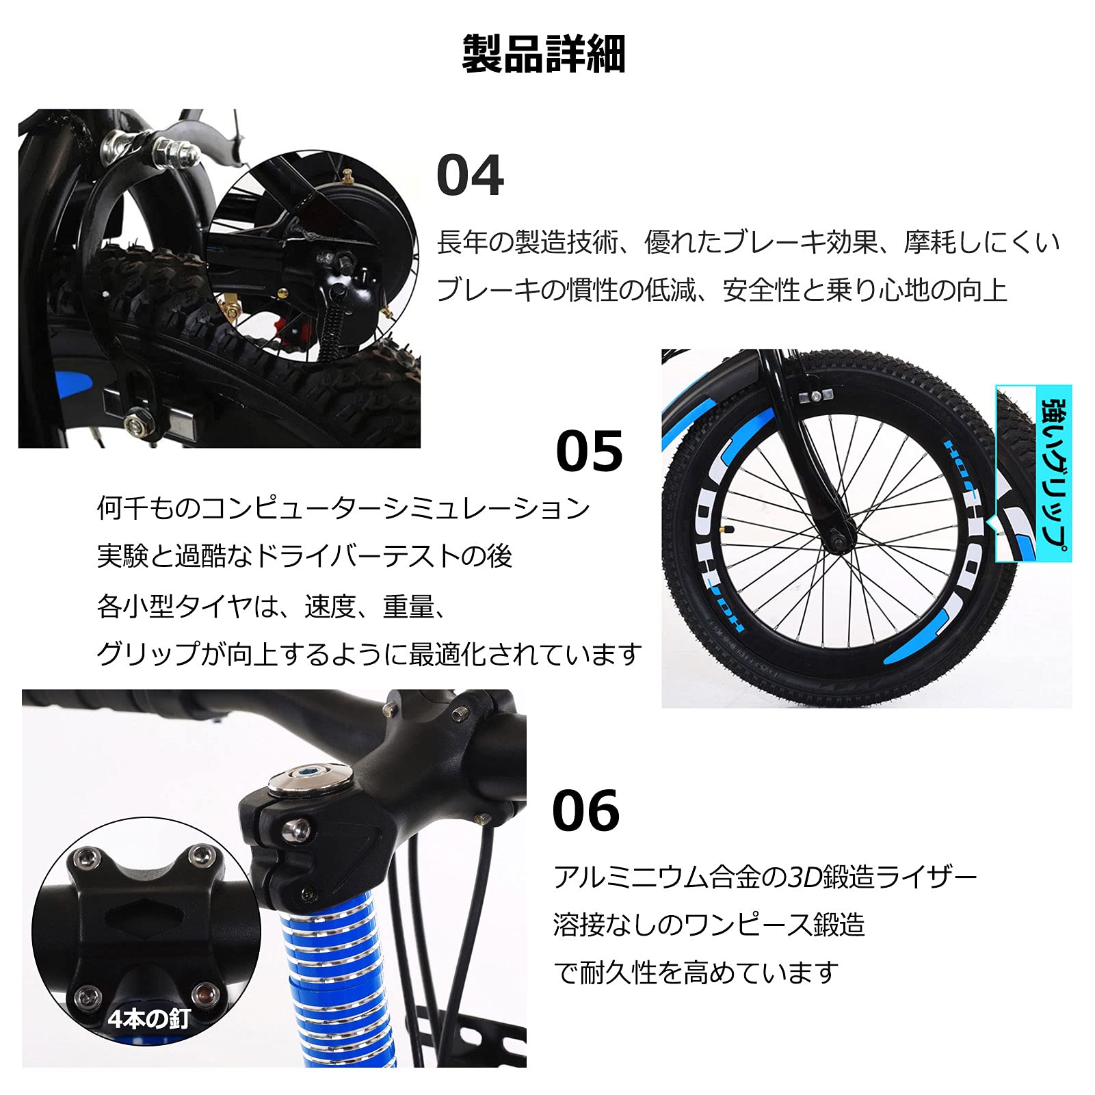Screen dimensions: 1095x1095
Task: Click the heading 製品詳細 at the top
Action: click(544, 53)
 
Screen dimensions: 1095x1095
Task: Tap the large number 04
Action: click(470, 175)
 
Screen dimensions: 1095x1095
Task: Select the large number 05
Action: click(589, 451)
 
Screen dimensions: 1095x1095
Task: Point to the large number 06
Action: click(585, 810)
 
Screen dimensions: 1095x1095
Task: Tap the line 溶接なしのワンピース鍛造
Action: click(709, 925)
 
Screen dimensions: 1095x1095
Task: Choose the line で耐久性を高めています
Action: click(696, 972)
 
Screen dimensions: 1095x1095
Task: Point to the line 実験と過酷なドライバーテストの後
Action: click(304, 557)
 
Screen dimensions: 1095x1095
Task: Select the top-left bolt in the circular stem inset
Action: click(83, 857)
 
